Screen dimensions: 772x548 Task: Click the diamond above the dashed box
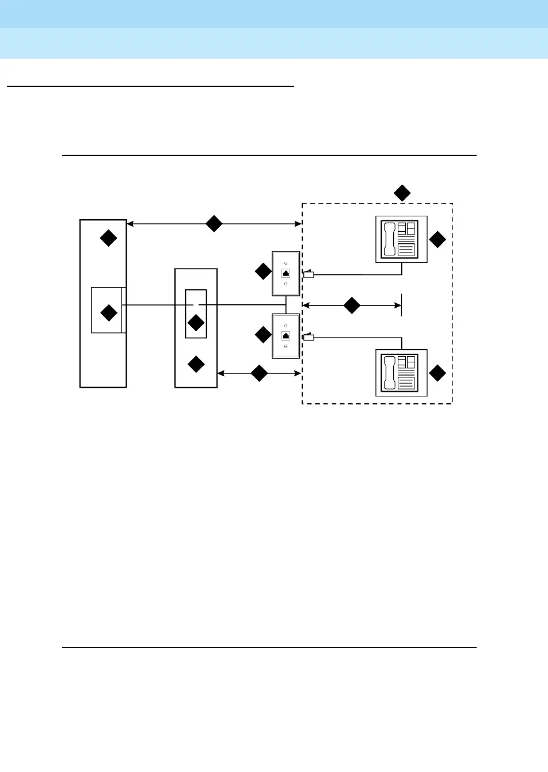(402, 193)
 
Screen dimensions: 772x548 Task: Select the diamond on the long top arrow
(214, 224)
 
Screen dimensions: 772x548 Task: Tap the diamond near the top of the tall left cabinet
(109, 238)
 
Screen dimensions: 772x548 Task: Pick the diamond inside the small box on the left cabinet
(109, 313)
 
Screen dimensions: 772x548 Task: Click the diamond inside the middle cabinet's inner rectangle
(196, 323)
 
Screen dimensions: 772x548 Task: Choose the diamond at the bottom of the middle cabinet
(196, 364)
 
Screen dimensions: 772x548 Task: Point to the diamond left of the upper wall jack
(263, 272)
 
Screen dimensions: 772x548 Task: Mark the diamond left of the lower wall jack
(263, 335)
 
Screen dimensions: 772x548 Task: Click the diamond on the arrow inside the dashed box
(352, 305)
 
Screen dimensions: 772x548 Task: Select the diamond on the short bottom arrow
(260, 373)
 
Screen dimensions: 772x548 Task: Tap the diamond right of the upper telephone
(438, 240)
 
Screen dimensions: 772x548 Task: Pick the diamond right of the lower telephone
(438, 373)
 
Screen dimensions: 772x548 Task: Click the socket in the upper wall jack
(286, 273)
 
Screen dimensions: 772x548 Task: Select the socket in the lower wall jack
(286, 336)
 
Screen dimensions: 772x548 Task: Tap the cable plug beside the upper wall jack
(309, 274)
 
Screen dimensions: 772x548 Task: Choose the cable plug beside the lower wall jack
(309, 337)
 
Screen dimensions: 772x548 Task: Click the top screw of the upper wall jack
(286, 263)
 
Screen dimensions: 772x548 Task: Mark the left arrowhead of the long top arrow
(130, 224)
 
